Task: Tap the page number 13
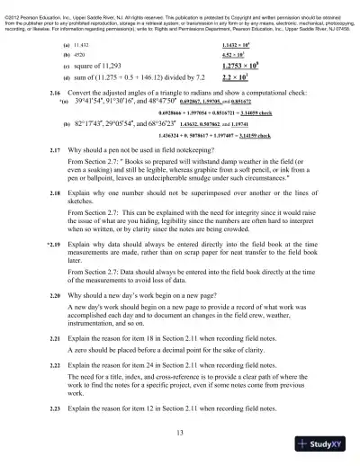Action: pos(180,434)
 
